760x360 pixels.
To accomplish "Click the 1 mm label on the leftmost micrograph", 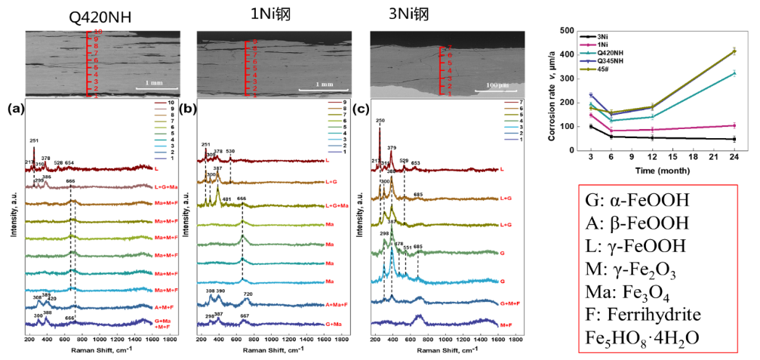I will (154, 83).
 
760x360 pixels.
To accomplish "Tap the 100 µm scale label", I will (497, 85).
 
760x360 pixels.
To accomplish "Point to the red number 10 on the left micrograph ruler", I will (98, 32).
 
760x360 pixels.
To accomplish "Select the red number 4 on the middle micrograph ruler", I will (254, 75).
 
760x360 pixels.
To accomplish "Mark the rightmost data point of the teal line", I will (734, 73).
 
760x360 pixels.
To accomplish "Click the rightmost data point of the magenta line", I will (734, 125).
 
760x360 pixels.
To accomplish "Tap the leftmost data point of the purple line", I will (590, 94).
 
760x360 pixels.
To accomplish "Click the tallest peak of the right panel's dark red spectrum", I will (379, 130).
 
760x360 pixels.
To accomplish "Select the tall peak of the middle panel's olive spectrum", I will (218, 189).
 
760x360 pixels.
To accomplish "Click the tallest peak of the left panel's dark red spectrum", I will (34, 149).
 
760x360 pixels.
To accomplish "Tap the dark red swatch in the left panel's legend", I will (160, 103).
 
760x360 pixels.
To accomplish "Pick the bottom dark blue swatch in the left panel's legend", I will (160, 158).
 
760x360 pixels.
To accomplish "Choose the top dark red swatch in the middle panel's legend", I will (335, 102).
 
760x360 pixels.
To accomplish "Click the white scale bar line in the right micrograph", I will (496, 91).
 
